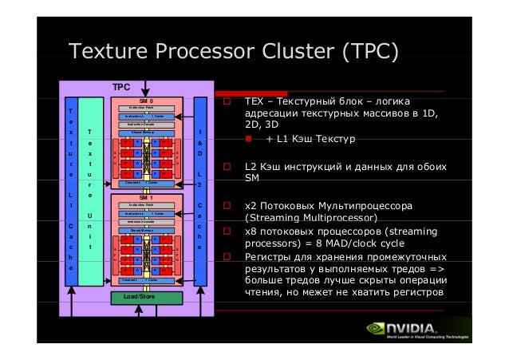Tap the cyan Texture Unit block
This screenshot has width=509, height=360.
pyautogui.click(x=91, y=192)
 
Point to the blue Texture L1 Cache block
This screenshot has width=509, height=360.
pyautogui.click(x=70, y=192)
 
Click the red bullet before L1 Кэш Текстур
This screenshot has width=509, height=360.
pyautogui.click(x=249, y=140)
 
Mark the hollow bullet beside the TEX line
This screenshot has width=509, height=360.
pyautogui.click(x=228, y=102)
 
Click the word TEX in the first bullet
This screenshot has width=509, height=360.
pyautogui.click(x=254, y=102)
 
